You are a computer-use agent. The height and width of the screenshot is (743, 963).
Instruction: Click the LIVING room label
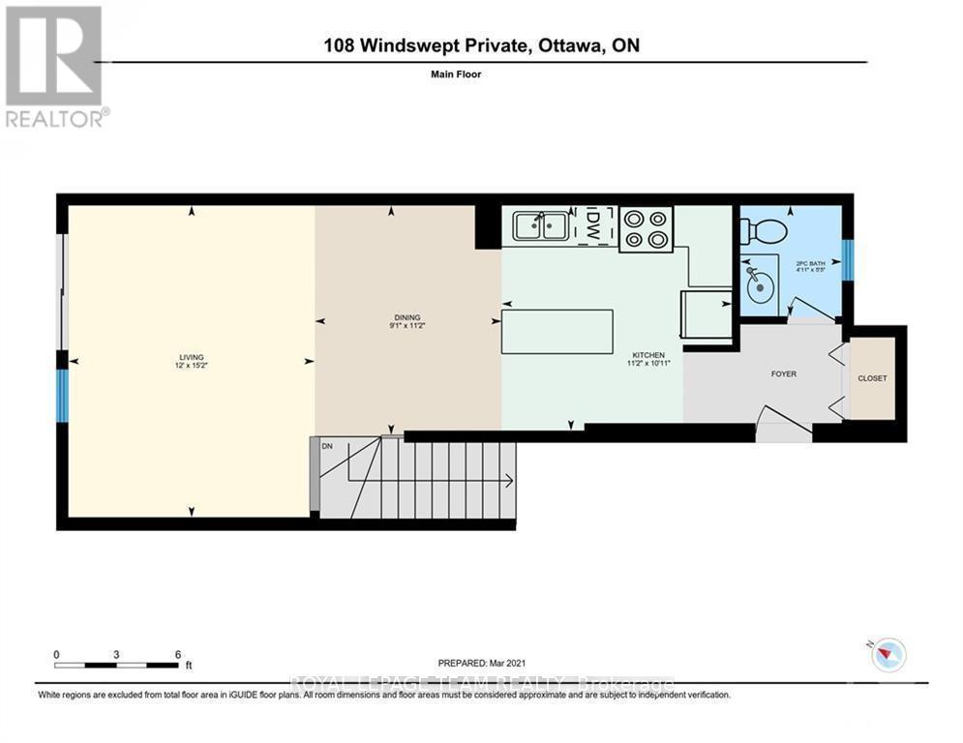tap(191, 357)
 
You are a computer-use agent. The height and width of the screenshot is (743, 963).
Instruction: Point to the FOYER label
tap(783, 373)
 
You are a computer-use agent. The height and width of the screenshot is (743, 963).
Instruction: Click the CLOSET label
tap(872, 378)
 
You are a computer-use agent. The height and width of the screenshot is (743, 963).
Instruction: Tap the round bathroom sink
tap(762, 287)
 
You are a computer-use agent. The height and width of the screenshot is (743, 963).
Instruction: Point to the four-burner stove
tap(645, 229)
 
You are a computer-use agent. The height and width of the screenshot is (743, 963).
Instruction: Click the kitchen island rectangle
tap(557, 332)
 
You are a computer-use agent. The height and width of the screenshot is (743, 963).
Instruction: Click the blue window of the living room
tap(63, 397)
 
